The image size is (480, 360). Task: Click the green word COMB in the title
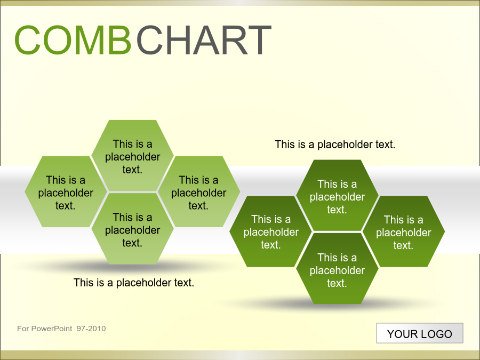(73, 40)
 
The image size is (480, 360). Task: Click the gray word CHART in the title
(204, 40)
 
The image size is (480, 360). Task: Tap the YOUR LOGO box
(420, 333)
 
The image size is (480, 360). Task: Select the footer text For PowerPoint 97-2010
(61, 329)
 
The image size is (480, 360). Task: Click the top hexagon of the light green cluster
(133, 156)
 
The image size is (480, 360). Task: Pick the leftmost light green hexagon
(66, 191)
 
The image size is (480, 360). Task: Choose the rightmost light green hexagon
(199, 191)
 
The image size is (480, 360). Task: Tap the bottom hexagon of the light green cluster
(133, 229)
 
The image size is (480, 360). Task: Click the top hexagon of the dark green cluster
(337, 195)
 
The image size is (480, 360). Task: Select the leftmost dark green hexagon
(270, 231)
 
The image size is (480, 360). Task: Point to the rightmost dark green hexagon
(404, 231)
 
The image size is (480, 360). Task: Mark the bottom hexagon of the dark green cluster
(337, 268)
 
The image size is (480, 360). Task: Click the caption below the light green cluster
(134, 283)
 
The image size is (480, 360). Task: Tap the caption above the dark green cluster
(335, 145)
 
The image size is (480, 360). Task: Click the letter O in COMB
(57, 40)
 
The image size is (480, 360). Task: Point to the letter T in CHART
(260, 40)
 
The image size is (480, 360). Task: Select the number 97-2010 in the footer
(91, 329)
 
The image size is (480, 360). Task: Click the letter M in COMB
(89, 40)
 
